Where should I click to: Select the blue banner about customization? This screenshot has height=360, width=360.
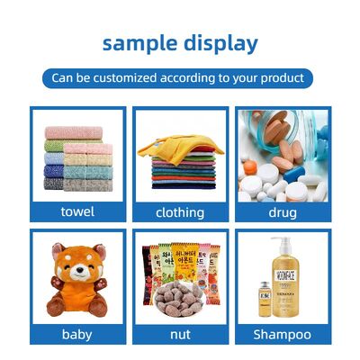[x=179, y=78]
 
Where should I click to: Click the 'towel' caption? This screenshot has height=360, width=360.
[x=77, y=212]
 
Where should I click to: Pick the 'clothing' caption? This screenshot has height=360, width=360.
[x=180, y=212]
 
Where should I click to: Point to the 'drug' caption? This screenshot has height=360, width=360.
[x=283, y=212]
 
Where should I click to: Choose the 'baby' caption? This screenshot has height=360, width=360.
[x=77, y=334]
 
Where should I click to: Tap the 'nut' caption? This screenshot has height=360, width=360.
[x=180, y=334]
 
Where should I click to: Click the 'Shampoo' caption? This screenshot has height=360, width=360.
[x=283, y=334]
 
